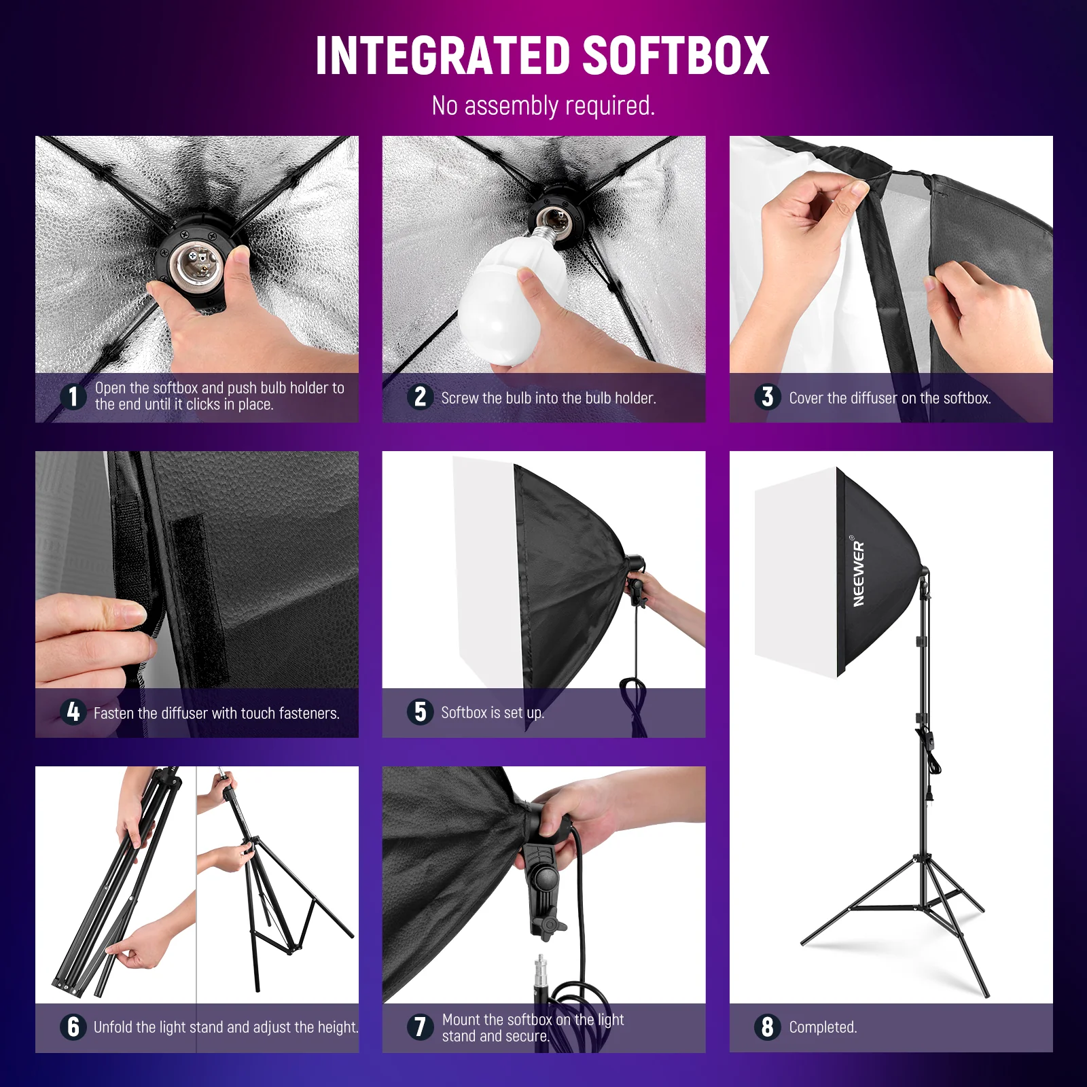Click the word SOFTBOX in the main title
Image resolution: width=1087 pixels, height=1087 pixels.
coord(675,56)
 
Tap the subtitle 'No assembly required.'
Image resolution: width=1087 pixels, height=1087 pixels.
coord(543,106)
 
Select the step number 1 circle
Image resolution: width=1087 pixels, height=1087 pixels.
coord(73,396)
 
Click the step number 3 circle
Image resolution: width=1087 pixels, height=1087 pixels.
coord(768,397)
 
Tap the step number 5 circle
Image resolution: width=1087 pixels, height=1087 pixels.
coord(421,711)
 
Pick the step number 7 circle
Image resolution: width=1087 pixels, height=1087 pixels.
coord(421,1027)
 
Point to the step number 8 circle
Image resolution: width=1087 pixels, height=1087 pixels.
coord(768,1027)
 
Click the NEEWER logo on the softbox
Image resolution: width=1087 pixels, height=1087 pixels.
coord(859,573)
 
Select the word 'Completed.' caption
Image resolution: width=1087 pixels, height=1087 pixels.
coord(823,1027)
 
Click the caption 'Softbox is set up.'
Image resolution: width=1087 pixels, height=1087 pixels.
coord(493,713)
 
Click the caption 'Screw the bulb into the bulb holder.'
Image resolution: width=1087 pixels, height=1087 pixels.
coord(548,398)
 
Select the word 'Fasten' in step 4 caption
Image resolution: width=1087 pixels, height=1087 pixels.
coord(114,713)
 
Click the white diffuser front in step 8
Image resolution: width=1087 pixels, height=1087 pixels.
coord(795,571)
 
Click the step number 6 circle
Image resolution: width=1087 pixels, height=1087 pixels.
coord(73,1027)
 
